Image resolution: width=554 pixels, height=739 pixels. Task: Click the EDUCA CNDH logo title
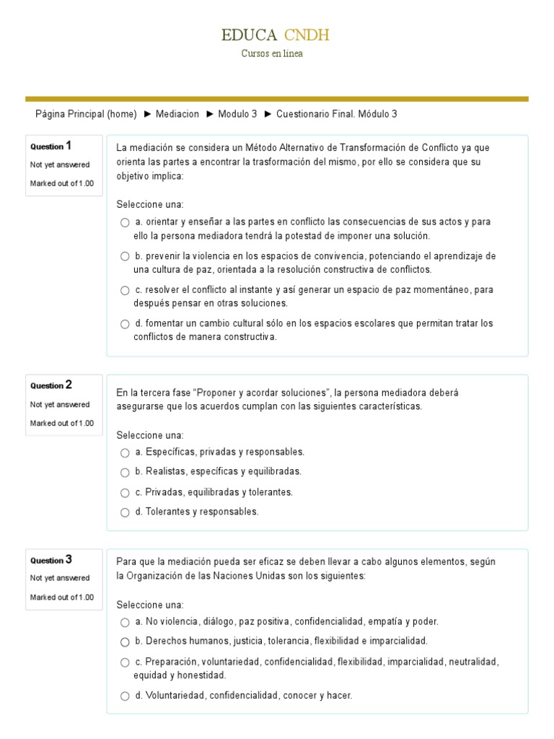[276, 35]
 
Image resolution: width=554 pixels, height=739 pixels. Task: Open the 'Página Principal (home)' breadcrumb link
[86, 114]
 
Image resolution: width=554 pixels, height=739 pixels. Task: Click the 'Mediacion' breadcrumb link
[177, 114]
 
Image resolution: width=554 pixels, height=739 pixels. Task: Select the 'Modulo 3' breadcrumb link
[237, 114]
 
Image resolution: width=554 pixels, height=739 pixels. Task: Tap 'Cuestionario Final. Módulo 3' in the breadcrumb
[336, 114]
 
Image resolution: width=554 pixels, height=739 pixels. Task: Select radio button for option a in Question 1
[125, 222]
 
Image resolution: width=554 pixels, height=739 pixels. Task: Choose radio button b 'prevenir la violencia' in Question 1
[125, 256]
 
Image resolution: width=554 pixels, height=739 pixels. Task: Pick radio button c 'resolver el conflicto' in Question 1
[125, 290]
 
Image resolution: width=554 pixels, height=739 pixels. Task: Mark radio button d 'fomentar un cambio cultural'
[125, 324]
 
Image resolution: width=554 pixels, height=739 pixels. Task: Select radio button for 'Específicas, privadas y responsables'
[125, 452]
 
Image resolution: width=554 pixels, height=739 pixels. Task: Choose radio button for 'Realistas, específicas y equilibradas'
[125, 472]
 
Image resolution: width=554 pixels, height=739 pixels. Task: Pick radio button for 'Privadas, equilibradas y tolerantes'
[125, 493]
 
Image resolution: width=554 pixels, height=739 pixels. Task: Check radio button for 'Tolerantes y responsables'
[125, 512]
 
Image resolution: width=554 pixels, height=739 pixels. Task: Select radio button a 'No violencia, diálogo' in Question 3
[125, 622]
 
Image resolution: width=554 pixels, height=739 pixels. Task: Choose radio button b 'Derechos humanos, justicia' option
[125, 642]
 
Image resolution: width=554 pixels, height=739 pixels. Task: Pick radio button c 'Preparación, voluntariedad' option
[125, 662]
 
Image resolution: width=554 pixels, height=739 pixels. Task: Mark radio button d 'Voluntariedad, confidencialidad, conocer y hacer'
[125, 696]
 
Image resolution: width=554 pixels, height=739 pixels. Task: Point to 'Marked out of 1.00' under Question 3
[62, 597]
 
